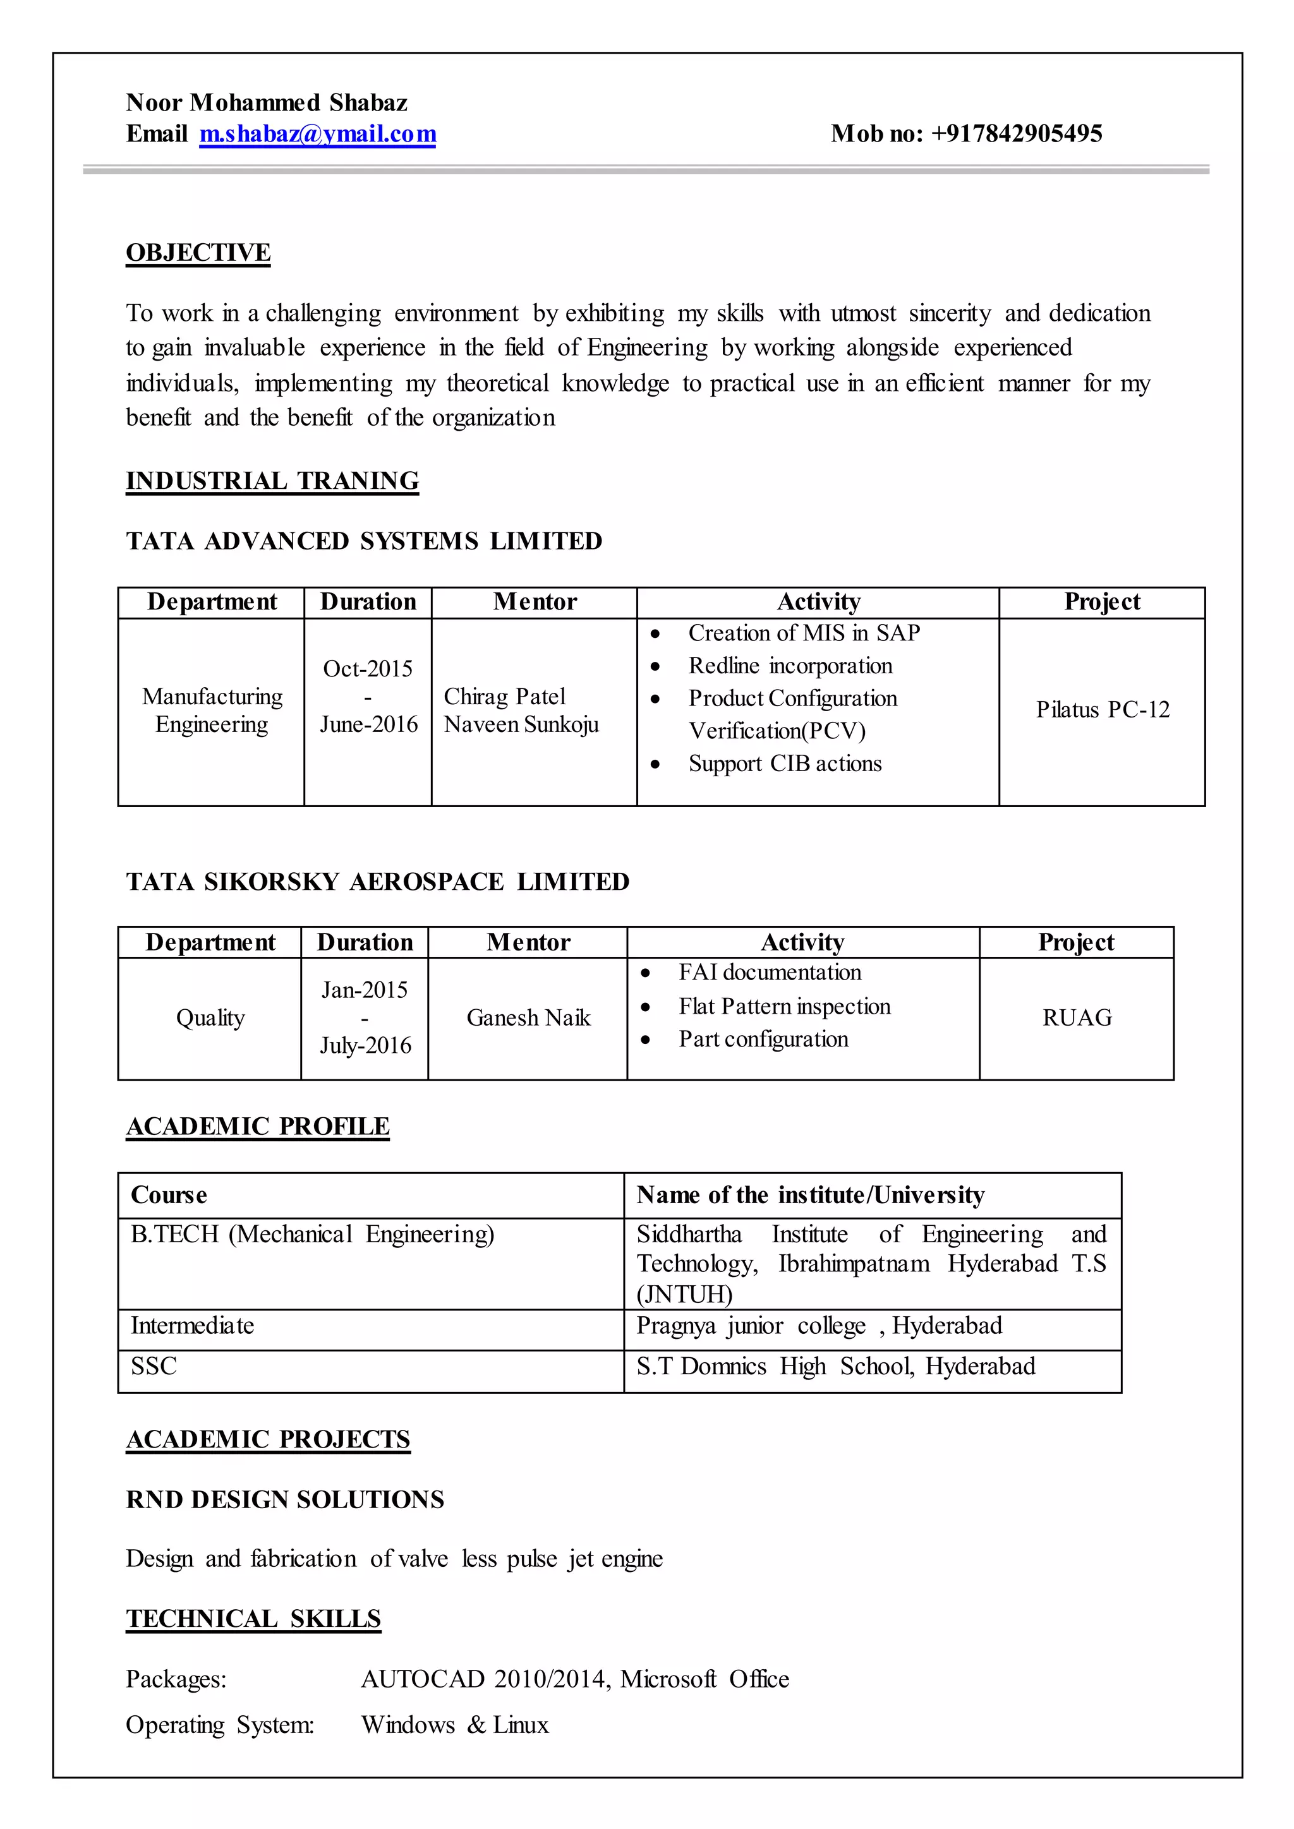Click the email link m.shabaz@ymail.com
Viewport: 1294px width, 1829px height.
point(317,134)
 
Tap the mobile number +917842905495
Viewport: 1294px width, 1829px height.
point(1016,134)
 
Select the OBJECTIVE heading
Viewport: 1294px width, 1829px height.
point(198,253)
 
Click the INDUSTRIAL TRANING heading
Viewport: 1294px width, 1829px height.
point(272,481)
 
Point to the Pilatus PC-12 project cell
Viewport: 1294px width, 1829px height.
point(1102,710)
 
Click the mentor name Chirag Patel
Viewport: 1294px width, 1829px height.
point(504,697)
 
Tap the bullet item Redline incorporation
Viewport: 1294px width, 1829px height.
point(790,666)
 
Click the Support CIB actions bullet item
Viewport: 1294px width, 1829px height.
point(784,764)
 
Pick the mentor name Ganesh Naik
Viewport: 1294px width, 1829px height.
point(528,1018)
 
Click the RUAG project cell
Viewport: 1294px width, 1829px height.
point(1077,1018)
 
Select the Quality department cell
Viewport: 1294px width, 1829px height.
point(210,1018)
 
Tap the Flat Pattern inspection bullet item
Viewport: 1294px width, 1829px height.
point(784,1007)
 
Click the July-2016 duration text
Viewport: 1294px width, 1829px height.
point(366,1046)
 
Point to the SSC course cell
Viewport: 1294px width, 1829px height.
point(154,1367)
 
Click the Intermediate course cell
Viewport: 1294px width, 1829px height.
point(192,1326)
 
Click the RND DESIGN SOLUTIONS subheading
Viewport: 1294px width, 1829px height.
point(284,1500)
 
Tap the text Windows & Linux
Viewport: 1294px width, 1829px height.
point(454,1725)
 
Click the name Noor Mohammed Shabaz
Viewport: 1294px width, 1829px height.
point(266,103)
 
